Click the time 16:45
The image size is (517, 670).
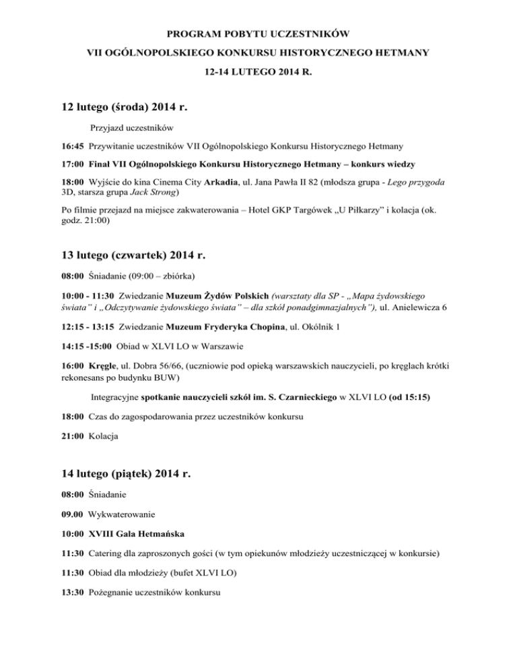65,145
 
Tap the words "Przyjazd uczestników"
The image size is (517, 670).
132,127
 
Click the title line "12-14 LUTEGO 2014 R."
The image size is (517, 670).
258,70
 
